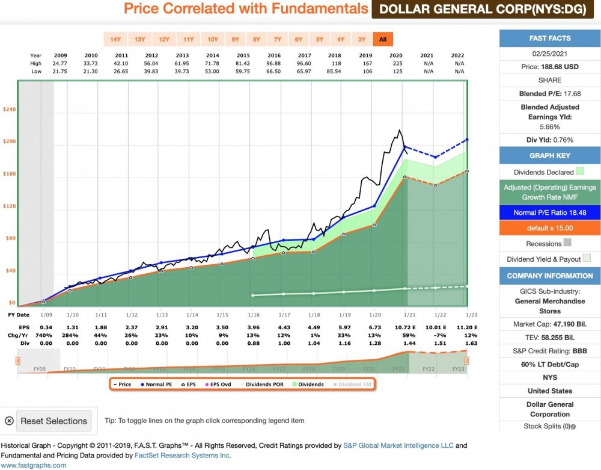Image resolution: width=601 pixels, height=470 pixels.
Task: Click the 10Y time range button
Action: (x=213, y=40)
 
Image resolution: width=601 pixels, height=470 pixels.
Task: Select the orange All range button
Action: (x=382, y=40)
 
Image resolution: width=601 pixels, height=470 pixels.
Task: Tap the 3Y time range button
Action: (x=362, y=40)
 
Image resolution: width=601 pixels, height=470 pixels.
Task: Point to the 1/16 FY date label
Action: (x=252, y=315)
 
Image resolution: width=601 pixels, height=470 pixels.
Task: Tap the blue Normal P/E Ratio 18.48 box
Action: (x=550, y=212)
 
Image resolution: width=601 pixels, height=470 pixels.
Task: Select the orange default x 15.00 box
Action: (x=550, y=228)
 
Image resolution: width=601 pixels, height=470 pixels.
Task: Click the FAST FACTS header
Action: (x=550, y=39)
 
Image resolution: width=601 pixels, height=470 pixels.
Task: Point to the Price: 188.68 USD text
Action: (x=550, y=67)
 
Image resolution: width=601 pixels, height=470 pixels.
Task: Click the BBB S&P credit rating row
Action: (x=550, y=351)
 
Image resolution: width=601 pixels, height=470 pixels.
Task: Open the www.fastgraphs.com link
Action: (x=34, y=465)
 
